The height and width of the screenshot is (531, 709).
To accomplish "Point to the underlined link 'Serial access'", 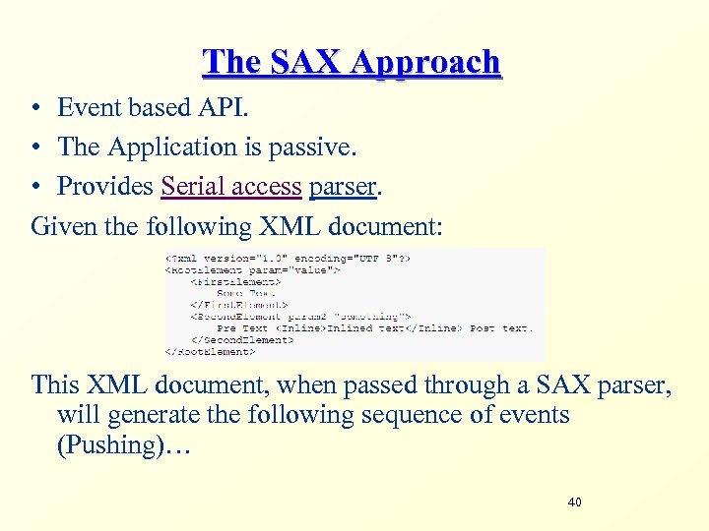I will [x=231, y=186].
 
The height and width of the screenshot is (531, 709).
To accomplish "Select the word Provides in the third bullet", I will [x=105, y=186].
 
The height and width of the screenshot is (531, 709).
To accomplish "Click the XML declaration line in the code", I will [x=288, y=257].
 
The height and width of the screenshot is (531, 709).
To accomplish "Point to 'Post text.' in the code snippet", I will [x=500, y=327].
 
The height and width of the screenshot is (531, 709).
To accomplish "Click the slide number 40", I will [x=574, y=503].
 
